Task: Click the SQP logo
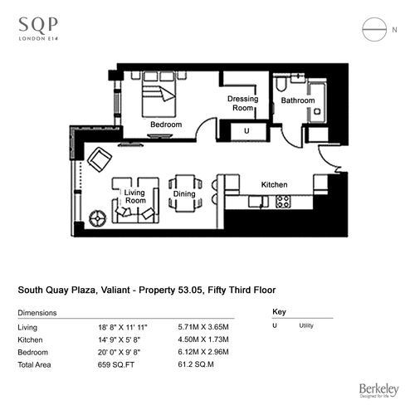click(38, 29)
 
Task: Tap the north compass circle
click(374, 17)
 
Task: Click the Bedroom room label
click(166, 124)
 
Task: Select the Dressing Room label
click(242, 103)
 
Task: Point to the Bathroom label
click(298, 100)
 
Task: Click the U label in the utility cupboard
click(247, 130)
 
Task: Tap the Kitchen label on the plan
click(274, 184)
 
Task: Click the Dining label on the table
click(184, 194)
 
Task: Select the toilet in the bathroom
click(281, 83)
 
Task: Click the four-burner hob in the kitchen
click(283, 202)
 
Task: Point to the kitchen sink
click(258, 202)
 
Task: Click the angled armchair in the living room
click(100, 159)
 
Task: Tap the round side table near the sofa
click(98, 218)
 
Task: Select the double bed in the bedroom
click(159, 94)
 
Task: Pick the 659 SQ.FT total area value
click(116, 364)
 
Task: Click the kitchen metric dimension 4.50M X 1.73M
click(203, 339)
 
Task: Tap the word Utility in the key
click(306, 325)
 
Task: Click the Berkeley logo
click(378, 390)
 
